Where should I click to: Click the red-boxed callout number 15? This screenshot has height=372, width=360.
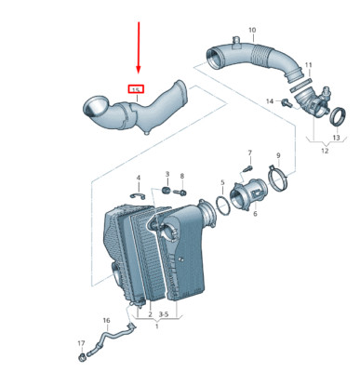point(136,89)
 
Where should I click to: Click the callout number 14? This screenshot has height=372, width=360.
point(270,100)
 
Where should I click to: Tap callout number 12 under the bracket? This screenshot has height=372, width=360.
point(324,152)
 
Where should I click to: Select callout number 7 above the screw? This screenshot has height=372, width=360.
point(249,152)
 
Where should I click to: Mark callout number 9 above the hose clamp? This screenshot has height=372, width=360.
point(278,155)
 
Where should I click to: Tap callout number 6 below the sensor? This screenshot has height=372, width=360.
point(252,214)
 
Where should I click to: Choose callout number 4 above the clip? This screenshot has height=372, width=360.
point(138,178)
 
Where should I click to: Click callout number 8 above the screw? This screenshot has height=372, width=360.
point(182,176)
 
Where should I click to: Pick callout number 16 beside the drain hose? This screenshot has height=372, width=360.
point(106,321)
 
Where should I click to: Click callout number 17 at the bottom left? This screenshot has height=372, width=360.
point(81,344)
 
